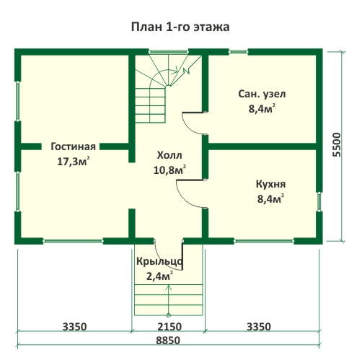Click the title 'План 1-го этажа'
pos(180,27)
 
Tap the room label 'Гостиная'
pos(74,146)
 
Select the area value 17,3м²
pos(74,161)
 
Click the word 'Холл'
pos(169,155)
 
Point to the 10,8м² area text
pos(169,170)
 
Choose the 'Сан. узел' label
pos(262,94)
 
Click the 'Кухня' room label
pos(271,184)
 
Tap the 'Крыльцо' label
pos(160,261)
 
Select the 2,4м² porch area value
pos(159,276)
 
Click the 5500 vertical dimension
pos(337,145)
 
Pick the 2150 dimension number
pos(169,327)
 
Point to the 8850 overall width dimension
pos(168,341)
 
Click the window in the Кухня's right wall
pos(319,201)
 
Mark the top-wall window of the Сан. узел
pos(238,51)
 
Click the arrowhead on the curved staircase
pos(175,70)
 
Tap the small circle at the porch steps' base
pos(169,315)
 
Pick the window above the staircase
pos(168,51)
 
